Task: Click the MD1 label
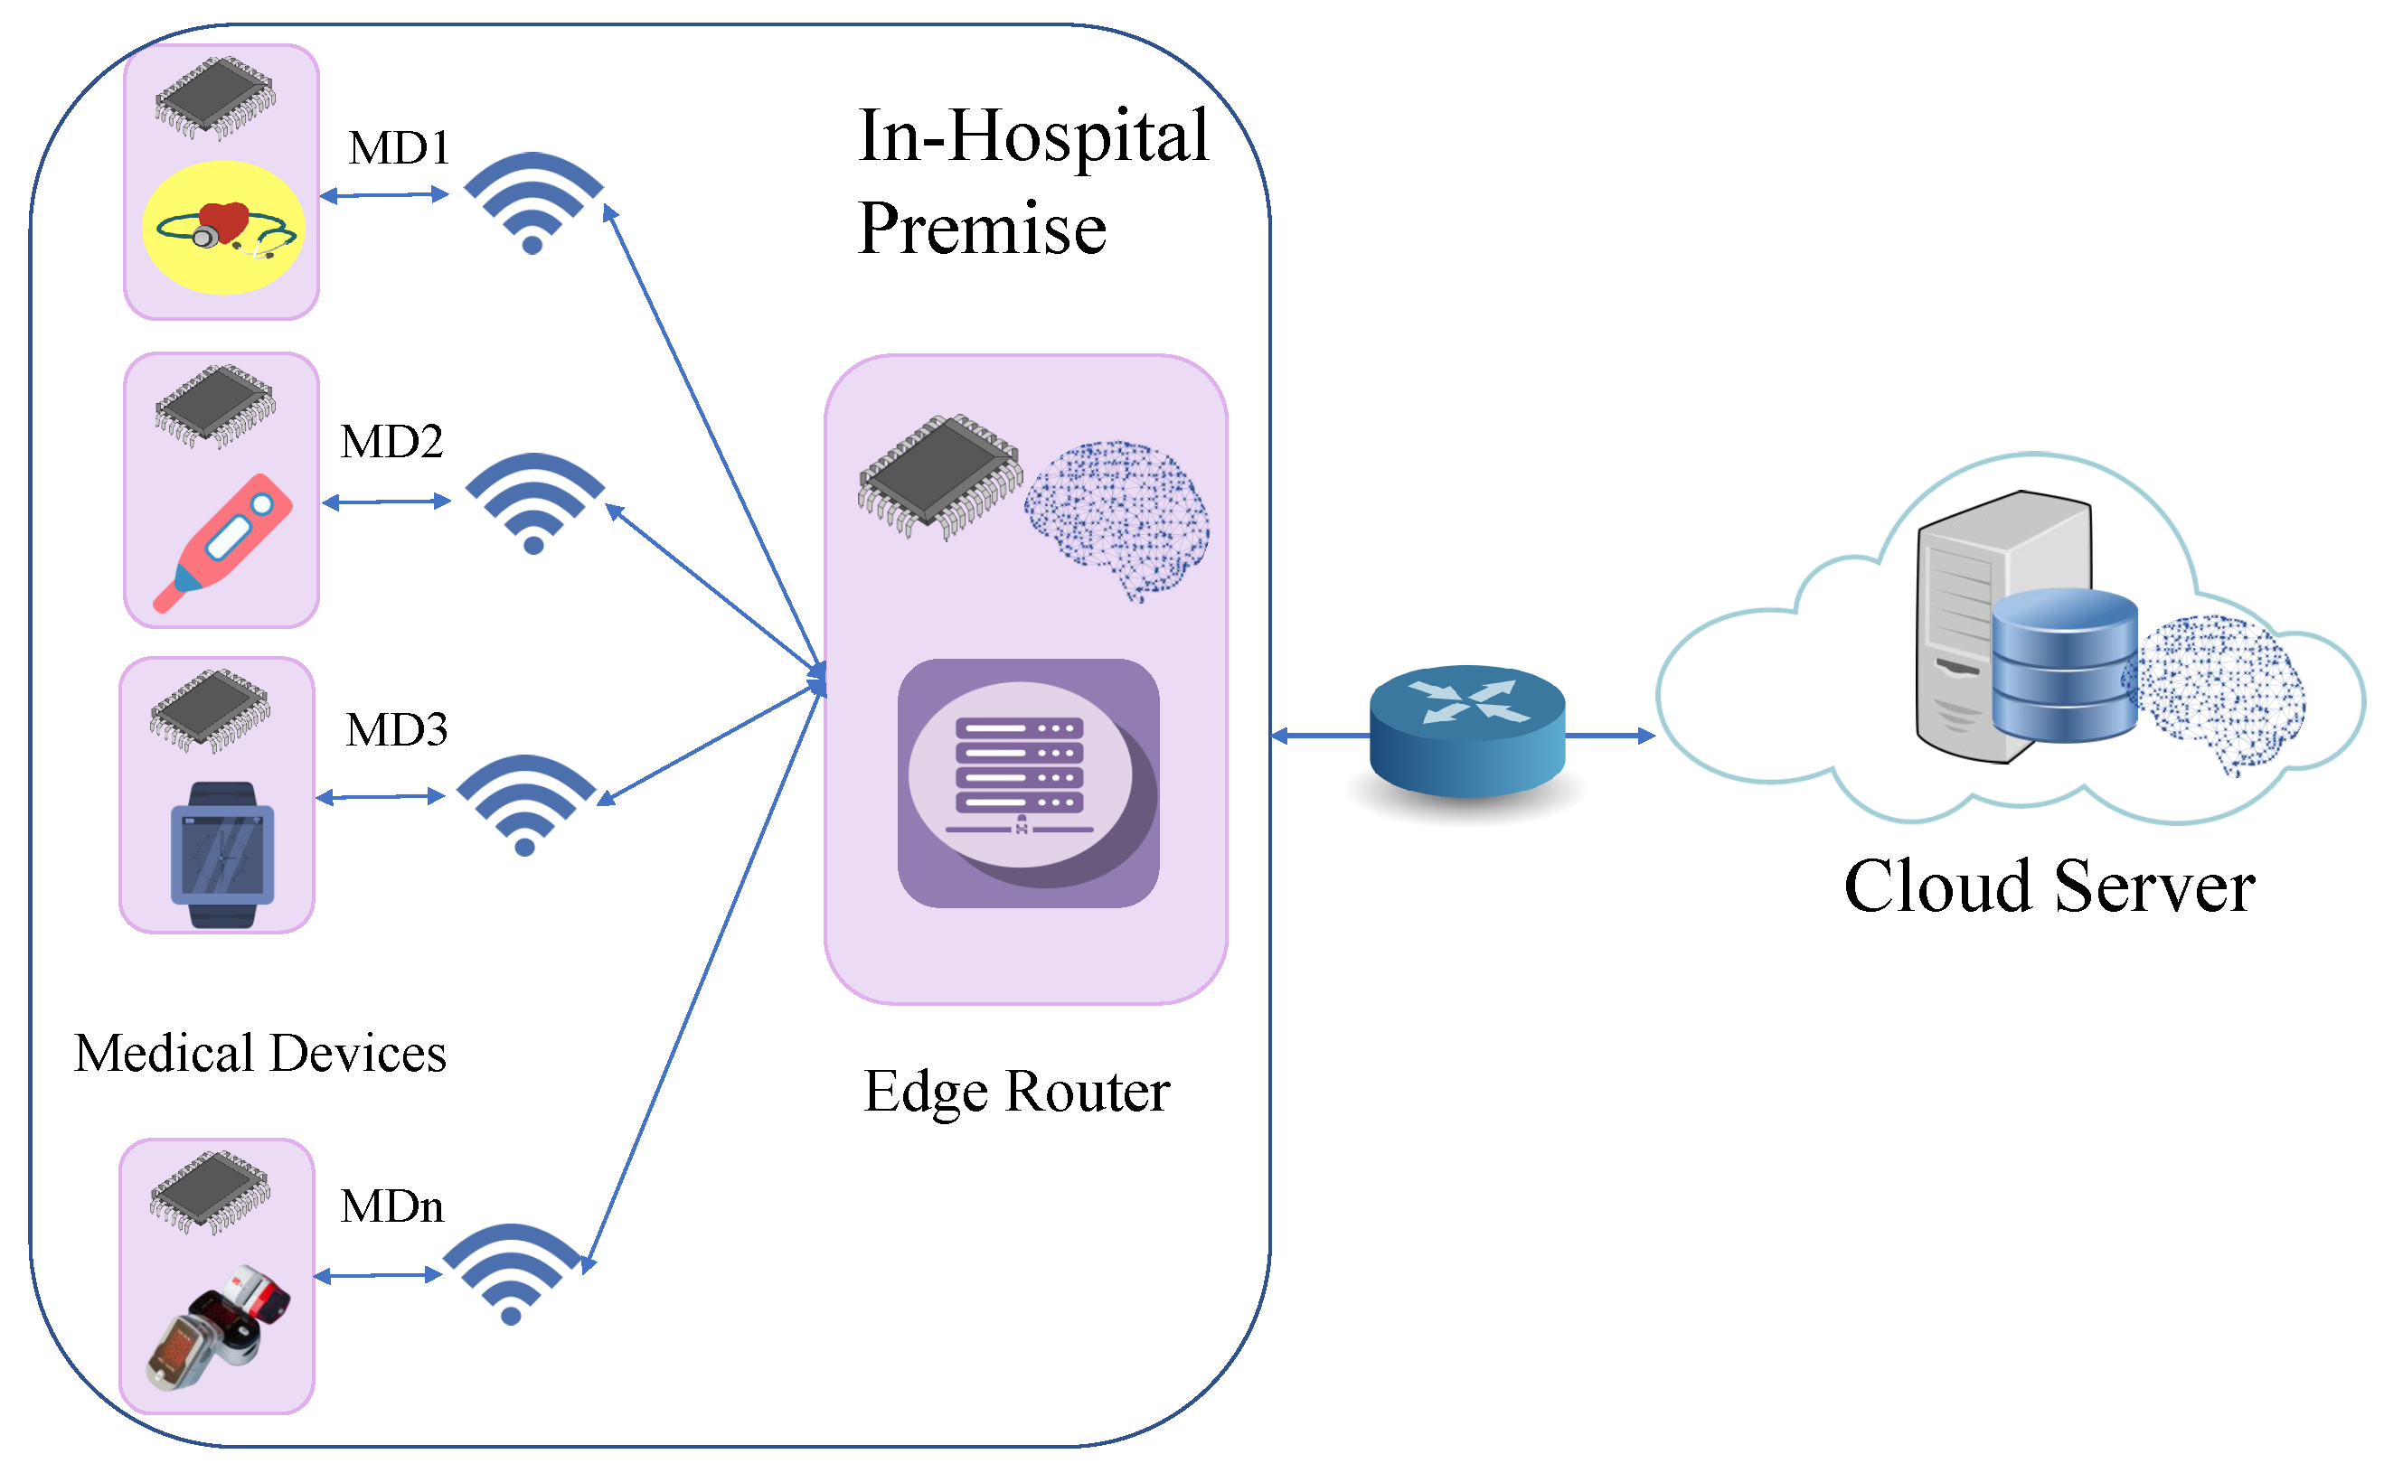click(399, 149)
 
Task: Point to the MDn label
click(391, 1208)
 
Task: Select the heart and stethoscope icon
click(224, 228)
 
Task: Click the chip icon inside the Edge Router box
click(939, 475)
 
